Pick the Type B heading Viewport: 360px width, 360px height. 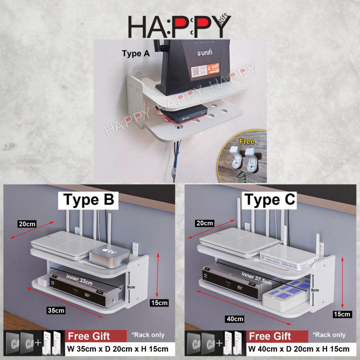[x=89, y=200]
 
